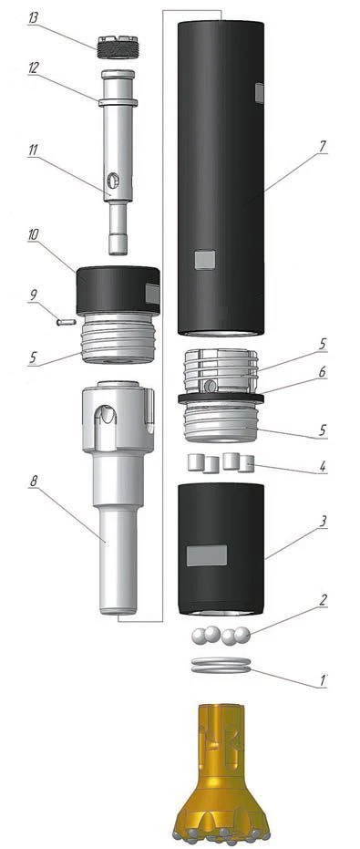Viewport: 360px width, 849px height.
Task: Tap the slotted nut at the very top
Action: [117, 44]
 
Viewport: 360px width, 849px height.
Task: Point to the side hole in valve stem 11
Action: [113, 177]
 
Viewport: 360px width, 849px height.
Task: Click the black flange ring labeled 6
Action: [221, 398]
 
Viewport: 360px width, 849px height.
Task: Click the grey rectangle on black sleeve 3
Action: [205, 555]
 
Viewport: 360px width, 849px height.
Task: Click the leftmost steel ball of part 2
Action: [199, 636]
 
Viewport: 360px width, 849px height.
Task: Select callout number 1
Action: [323, 679]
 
